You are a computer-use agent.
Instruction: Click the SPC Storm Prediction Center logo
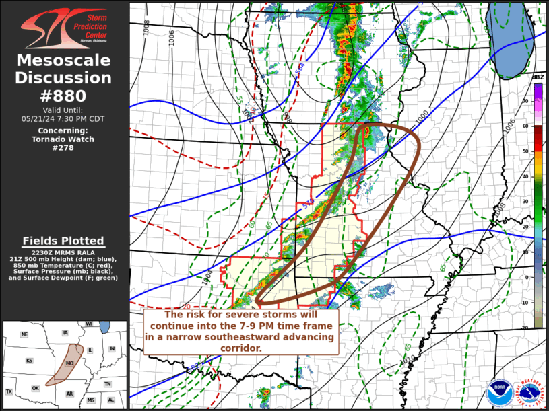point(64,29)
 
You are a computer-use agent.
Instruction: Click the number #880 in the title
point(64,96)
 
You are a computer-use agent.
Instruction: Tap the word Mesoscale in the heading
point(64,61)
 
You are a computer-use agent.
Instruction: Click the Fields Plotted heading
point(64,241)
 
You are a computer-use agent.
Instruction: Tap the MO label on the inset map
point(69,363)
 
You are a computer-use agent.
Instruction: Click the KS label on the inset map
point(30,361)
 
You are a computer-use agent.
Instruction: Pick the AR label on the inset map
point(68,394)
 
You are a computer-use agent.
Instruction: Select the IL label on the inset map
point(90,350)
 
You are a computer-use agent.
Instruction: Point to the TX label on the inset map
point(9,391)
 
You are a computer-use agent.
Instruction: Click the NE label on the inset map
point(24,334)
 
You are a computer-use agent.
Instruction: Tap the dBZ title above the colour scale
point(538,77)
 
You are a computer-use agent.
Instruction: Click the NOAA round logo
point(499,392)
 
